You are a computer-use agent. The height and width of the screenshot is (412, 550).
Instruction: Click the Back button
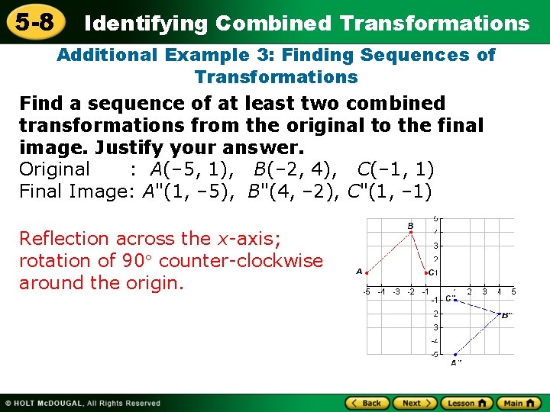coord(368,403)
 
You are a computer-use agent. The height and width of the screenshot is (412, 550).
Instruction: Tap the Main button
coord(519,403)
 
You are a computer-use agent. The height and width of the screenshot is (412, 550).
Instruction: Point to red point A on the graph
coord(368,272)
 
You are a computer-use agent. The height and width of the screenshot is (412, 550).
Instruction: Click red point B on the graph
coord(412,232)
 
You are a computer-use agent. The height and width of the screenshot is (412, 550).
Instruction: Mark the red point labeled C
coord(426,272)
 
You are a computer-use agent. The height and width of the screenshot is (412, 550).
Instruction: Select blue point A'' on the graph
coord(455,354)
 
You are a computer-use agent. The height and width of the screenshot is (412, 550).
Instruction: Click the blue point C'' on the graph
coord(455,299)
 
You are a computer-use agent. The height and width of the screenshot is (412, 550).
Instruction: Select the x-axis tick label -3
coord(396,291)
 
